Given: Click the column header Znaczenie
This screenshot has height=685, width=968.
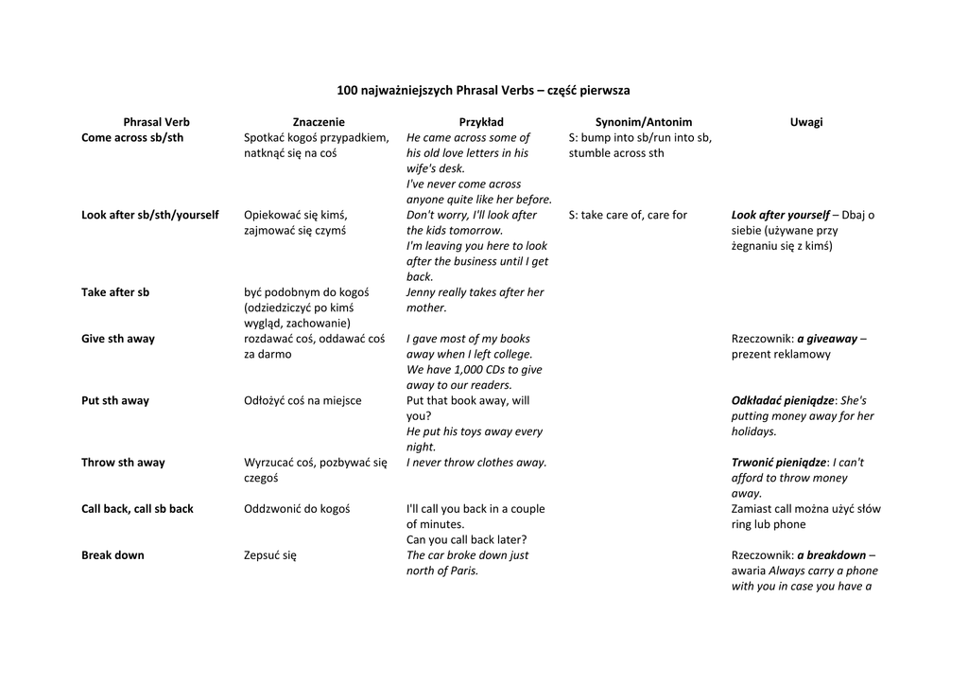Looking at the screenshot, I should (x=319, y=122).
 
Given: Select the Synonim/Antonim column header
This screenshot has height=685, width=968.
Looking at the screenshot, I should (x=644, y=122).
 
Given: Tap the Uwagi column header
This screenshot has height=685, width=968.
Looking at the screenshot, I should (x=806, y=122).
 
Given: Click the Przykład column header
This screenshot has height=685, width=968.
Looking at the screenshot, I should (x=481, y=122).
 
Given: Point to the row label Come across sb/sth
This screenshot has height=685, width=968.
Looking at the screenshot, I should (x=132, y=137).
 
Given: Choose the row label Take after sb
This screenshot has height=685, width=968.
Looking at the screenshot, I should (x=115, y=292).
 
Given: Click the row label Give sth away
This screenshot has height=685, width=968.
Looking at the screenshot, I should (x=118, y=339).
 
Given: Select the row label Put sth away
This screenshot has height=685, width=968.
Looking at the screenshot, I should (x=115, y=400).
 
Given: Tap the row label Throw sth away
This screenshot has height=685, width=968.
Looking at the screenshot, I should (x=123, y=463).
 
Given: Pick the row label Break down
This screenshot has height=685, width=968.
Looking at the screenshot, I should (x=112, y=555).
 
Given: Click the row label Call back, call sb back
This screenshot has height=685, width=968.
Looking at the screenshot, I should (x=137, y=509).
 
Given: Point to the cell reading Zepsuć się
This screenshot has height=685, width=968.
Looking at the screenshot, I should (x=270, y=555).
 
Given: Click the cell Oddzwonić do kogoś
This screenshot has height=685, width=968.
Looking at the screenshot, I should (x=297, y=509).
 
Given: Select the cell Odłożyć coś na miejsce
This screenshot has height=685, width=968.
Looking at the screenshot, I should (x=302, y=400).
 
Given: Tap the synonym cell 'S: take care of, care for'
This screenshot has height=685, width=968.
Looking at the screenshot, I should (x=628, y=215).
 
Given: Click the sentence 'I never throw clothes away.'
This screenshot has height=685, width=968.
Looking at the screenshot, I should (x=476, y=463).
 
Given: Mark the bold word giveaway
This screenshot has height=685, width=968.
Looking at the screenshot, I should (x=827, y=339).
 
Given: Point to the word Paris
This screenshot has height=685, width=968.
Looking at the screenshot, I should (x=460, y=571).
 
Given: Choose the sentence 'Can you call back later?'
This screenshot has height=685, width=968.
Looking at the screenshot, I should (x=466, y=540).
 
